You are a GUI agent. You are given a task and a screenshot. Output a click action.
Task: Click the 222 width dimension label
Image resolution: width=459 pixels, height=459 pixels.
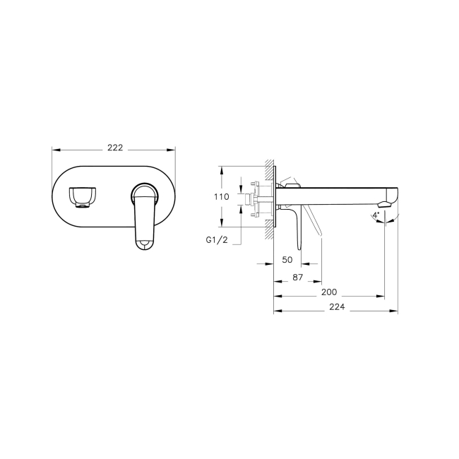pyautogui.click(x=115, y=148)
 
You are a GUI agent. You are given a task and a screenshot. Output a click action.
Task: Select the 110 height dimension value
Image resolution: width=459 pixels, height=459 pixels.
pyautogui.click(x=221, y=197)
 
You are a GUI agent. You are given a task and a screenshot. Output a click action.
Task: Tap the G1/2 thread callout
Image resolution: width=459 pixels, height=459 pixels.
pyautogui.click(x=217, y=240)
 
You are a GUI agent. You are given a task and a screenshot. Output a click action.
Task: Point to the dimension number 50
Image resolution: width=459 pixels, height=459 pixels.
pyautogui.click(x=287, y=259)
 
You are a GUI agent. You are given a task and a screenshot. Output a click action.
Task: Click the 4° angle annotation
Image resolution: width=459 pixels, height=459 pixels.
pyautogui.click(x=376, y=214)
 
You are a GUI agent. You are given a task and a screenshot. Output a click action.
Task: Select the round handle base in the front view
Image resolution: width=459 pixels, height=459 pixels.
pyautogui.click(x=144, y=193)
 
